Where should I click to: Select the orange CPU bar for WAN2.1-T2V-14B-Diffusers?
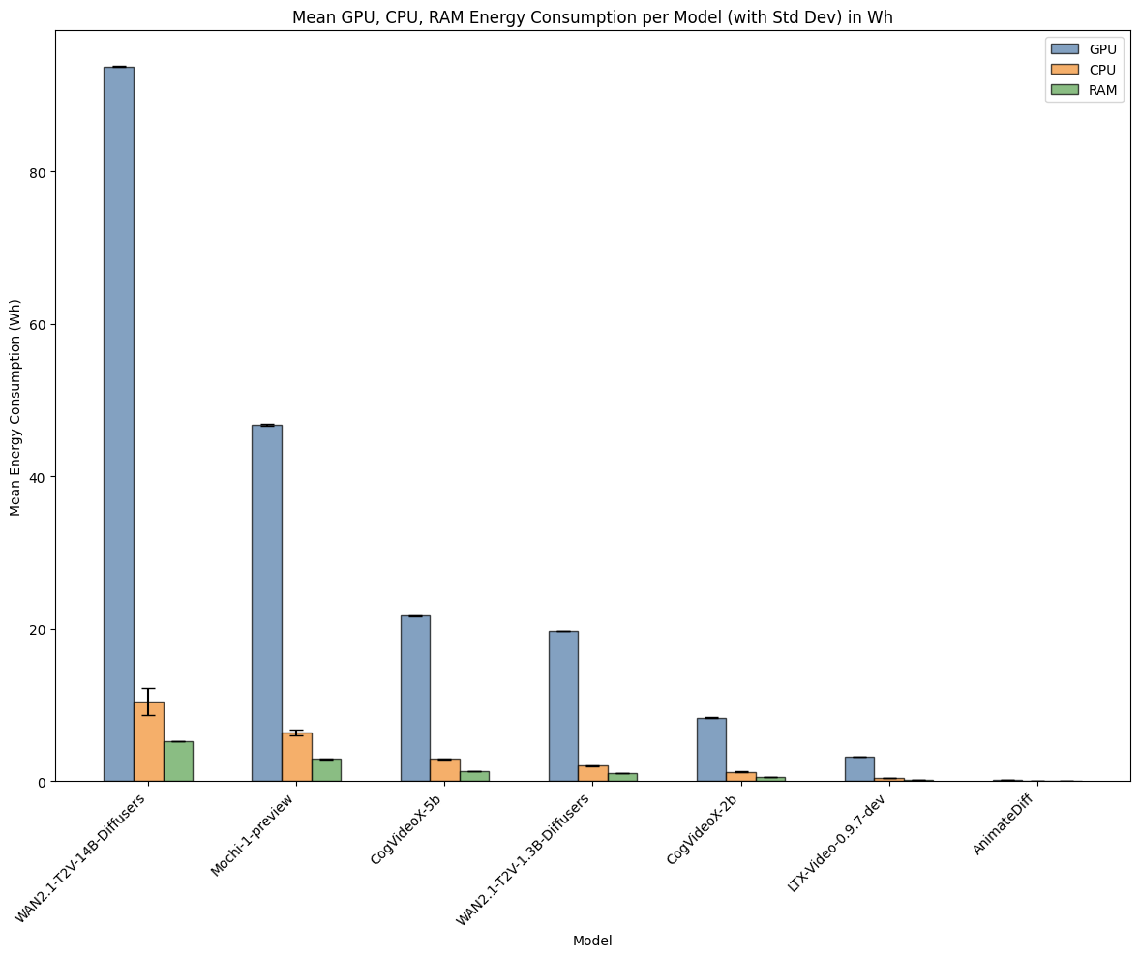coord(148,741)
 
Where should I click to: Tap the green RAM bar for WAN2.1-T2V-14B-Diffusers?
coord(178,762)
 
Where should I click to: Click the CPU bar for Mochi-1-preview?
coord(296,758)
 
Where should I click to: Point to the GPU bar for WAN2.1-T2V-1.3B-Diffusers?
coord(563,706)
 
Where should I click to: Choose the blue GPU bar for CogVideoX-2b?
coord(711,750)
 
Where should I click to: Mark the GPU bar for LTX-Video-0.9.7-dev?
coord(859,769)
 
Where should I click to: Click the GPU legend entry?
coord(1083,48)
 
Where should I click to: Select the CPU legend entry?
coord(1083,70)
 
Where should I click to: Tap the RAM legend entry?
coord(1083,91)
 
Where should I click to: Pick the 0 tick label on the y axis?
coord(43,782)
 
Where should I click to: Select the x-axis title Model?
coord(592,941)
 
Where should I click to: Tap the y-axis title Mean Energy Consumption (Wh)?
coord(15,405)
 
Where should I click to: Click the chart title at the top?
coord(592,16)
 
